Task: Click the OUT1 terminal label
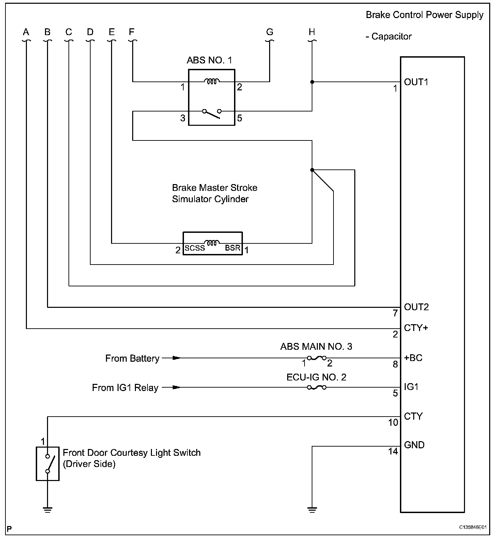[416, 82]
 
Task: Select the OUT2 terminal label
[416, 307]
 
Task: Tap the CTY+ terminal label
[416, 328]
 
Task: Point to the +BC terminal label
[413, 358]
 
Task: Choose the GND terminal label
[414, 445]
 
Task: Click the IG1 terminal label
[411, 387]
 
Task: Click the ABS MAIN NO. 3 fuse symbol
[316, 358]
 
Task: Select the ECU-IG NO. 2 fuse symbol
[316, 387]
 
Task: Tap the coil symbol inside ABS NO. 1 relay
[212, 81]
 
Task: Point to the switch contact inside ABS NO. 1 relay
[212, 113]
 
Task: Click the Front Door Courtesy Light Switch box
[48, 464]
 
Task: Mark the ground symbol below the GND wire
[312, 510]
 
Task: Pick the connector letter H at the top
[312, 32]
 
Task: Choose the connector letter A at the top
[26, 32]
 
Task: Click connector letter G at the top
[269, 32]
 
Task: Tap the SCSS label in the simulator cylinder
[195, 249]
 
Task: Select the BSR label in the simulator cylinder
[233, 248]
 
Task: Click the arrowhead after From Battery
[176, 358]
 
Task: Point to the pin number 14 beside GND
[393, 451]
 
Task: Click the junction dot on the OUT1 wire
[312, 82]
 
